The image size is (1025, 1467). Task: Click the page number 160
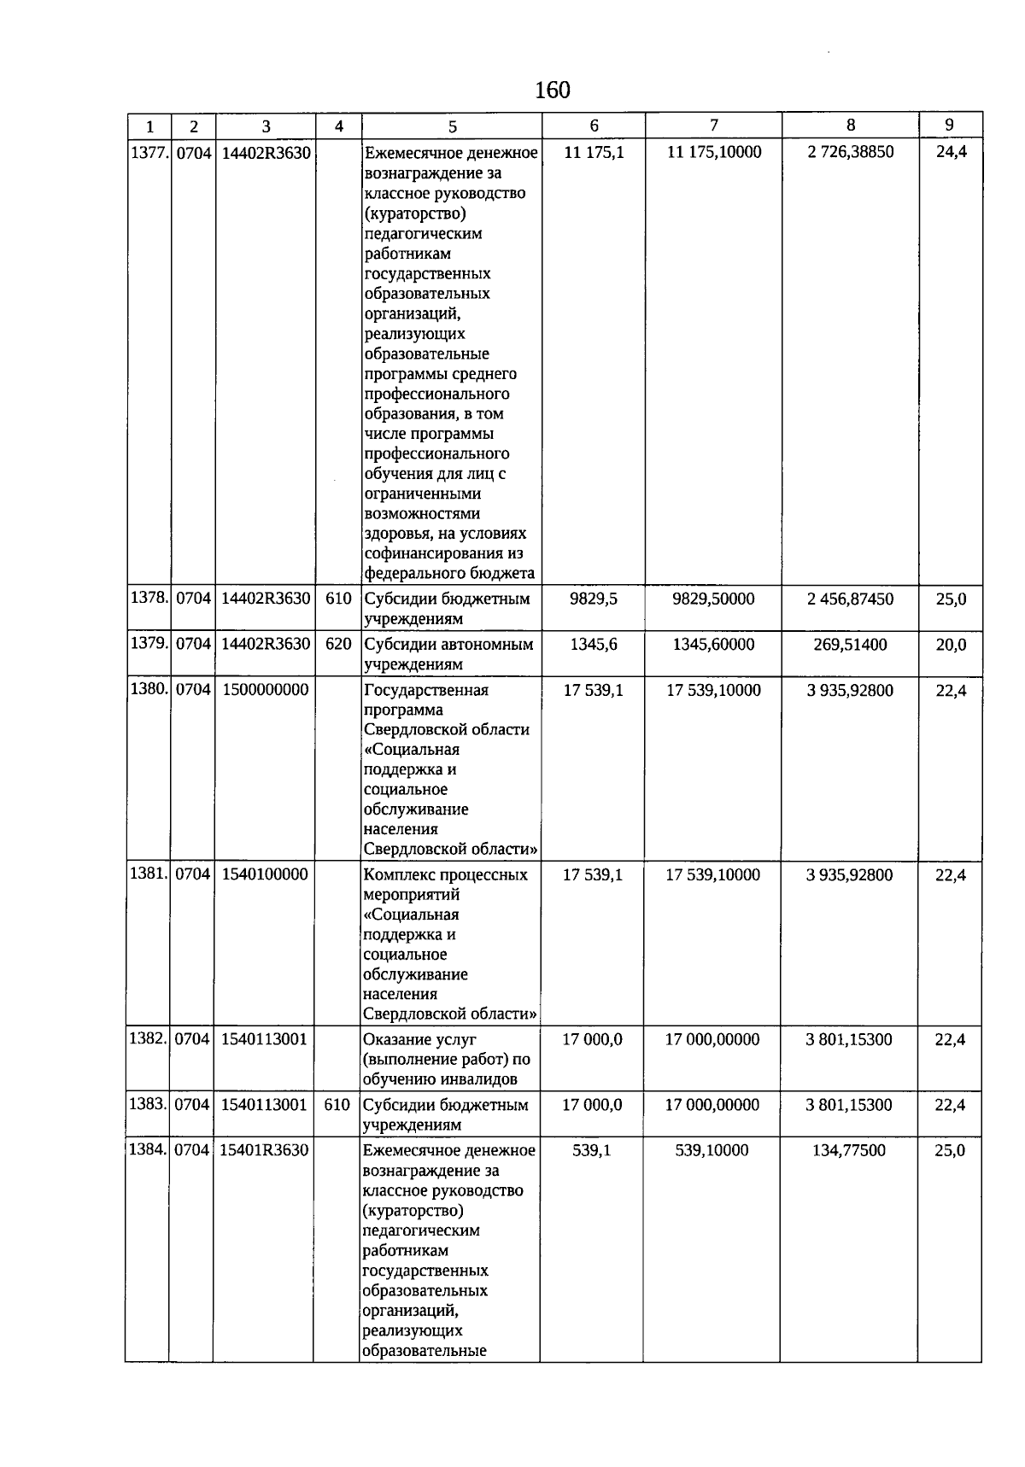coord(553,90)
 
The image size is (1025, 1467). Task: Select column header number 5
coord(452,126)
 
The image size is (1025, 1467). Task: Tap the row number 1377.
coord(149,153)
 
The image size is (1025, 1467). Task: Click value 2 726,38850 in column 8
coord(850,152)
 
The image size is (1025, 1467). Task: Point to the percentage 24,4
coord(951,153)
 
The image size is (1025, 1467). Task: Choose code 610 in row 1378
coord(339,599)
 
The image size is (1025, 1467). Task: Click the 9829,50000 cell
coord(713,599)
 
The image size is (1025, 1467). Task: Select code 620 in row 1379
coord(339,644)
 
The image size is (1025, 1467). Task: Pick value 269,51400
coord(850,644)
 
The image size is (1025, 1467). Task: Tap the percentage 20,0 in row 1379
coord(951,645)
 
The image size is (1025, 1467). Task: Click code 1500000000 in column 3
coord(266,690)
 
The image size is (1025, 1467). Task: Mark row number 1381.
coord(148,874)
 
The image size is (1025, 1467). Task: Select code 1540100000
coord(265,874)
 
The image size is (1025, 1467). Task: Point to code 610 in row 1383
coord(337,1105)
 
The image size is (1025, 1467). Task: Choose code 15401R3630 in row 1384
coord(264,1150)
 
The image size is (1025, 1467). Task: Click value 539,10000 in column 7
coord(712,1150)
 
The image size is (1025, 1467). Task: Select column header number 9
coord(950,125)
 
